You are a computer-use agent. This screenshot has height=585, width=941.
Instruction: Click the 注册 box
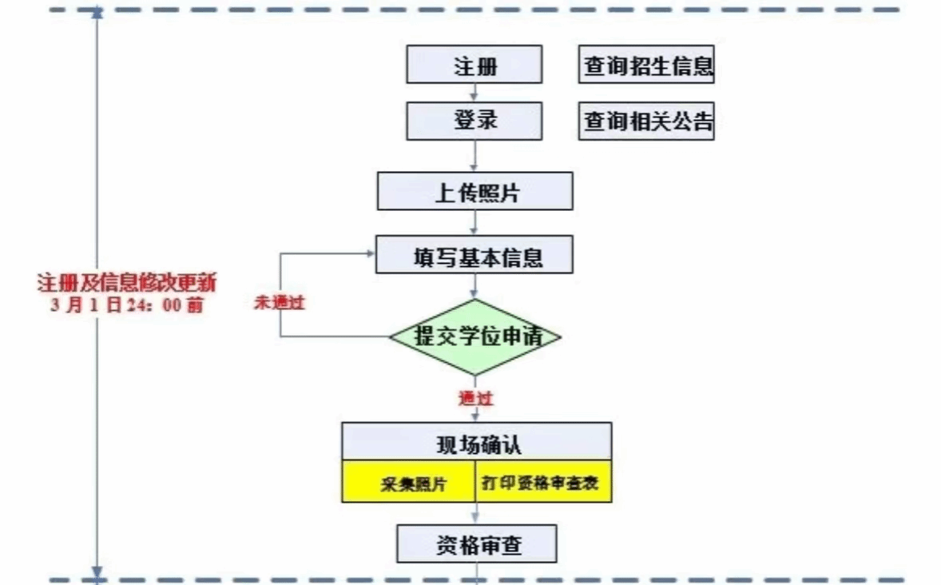[x=474, y=65]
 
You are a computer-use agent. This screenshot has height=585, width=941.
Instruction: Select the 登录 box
[x=474, y=121]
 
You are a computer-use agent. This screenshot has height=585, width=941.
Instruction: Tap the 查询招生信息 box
[x=646, y=66]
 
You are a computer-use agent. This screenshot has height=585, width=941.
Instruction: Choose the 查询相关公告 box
[x=646, y=122]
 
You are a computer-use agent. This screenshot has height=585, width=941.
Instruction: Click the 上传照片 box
[x=475, y=192]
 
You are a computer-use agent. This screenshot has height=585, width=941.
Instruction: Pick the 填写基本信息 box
[x=475, y=257]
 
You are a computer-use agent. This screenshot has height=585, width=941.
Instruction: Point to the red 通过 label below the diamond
[x=475, y=396]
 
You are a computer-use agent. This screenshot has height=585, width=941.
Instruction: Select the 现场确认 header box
[x=477, y=442]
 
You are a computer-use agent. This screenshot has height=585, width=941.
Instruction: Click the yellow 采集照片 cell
[x=409, y=482]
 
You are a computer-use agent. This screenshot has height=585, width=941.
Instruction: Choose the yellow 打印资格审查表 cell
[x=544, y=482]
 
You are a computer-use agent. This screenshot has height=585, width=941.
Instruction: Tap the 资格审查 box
[x=477, y=546]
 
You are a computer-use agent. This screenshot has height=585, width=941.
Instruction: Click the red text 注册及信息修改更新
[x=127, y=284]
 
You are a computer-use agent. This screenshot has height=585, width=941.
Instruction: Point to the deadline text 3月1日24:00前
[x=127, y=305]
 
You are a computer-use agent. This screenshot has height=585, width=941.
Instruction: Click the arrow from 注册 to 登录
[x=475, y=93]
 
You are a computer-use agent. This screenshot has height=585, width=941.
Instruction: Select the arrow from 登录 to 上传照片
[x=475, y=156]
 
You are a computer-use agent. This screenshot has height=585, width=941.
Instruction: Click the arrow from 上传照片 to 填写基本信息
[x=475, y=224]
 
